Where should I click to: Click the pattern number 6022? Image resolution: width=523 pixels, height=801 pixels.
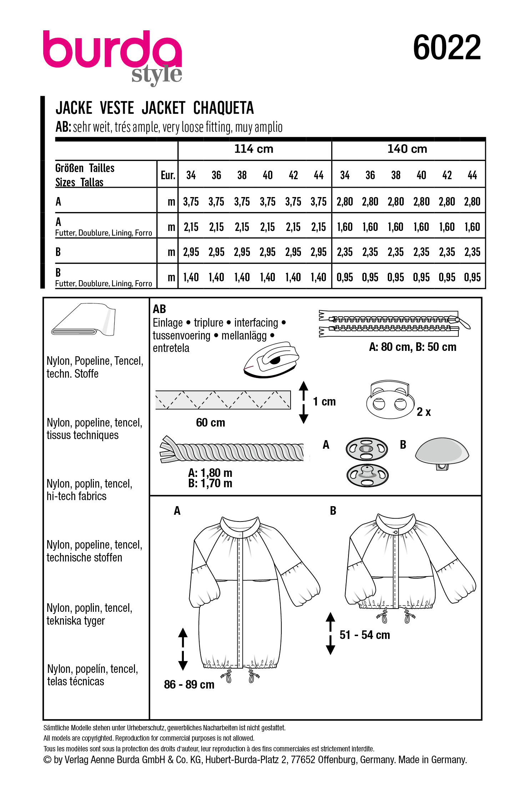[447, 47]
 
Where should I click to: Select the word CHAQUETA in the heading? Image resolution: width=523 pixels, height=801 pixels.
[223, 108]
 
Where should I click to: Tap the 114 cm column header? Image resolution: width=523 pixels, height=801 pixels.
[253, 149]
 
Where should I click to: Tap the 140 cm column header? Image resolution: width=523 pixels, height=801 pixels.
[407, 149]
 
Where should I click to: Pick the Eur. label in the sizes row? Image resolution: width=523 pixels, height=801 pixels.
[168, 175]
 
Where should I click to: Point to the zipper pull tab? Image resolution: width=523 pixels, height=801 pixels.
[464, 323]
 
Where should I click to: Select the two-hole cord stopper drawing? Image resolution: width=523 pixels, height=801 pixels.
[390, 400]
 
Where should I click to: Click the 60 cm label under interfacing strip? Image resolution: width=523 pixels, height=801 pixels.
[210, 423]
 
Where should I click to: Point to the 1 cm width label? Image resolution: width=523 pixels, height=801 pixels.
[324, 402]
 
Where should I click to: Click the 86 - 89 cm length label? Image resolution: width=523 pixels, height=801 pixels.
[189, 684]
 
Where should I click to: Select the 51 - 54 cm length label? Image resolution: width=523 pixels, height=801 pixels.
[364, 635]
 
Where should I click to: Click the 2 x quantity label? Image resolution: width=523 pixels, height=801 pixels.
[423, 412]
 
